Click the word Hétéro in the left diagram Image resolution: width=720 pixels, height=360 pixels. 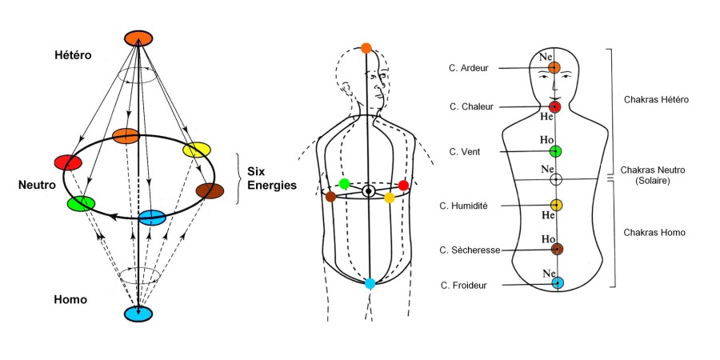(x=74, y=55)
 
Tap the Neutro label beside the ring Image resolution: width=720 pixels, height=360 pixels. (x=36, y=185)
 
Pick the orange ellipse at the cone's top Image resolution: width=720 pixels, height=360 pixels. (x=138, y=38)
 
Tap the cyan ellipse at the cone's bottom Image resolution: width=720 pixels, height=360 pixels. (x=138, y=313)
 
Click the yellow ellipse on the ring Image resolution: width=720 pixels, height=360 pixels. (x=196, y=150)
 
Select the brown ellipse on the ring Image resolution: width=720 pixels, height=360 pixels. (x=210, y=190)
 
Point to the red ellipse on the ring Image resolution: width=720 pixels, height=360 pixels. (x=68, y=162)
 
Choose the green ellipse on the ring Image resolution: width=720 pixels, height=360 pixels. (x=81, y=203)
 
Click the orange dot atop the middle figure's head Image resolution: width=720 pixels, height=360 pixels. (x=366, y=48)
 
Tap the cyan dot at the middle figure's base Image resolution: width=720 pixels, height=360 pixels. (x=370, y=283)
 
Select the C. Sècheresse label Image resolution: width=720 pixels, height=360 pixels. (x=470, y=250)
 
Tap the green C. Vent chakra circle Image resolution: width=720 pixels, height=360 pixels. (x=555, y=151)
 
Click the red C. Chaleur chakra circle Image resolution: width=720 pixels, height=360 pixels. (x=554, y=106)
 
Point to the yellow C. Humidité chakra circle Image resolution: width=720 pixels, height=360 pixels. (x=556, y=206)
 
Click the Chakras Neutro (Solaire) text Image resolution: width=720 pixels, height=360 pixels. (x=649, y=176)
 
